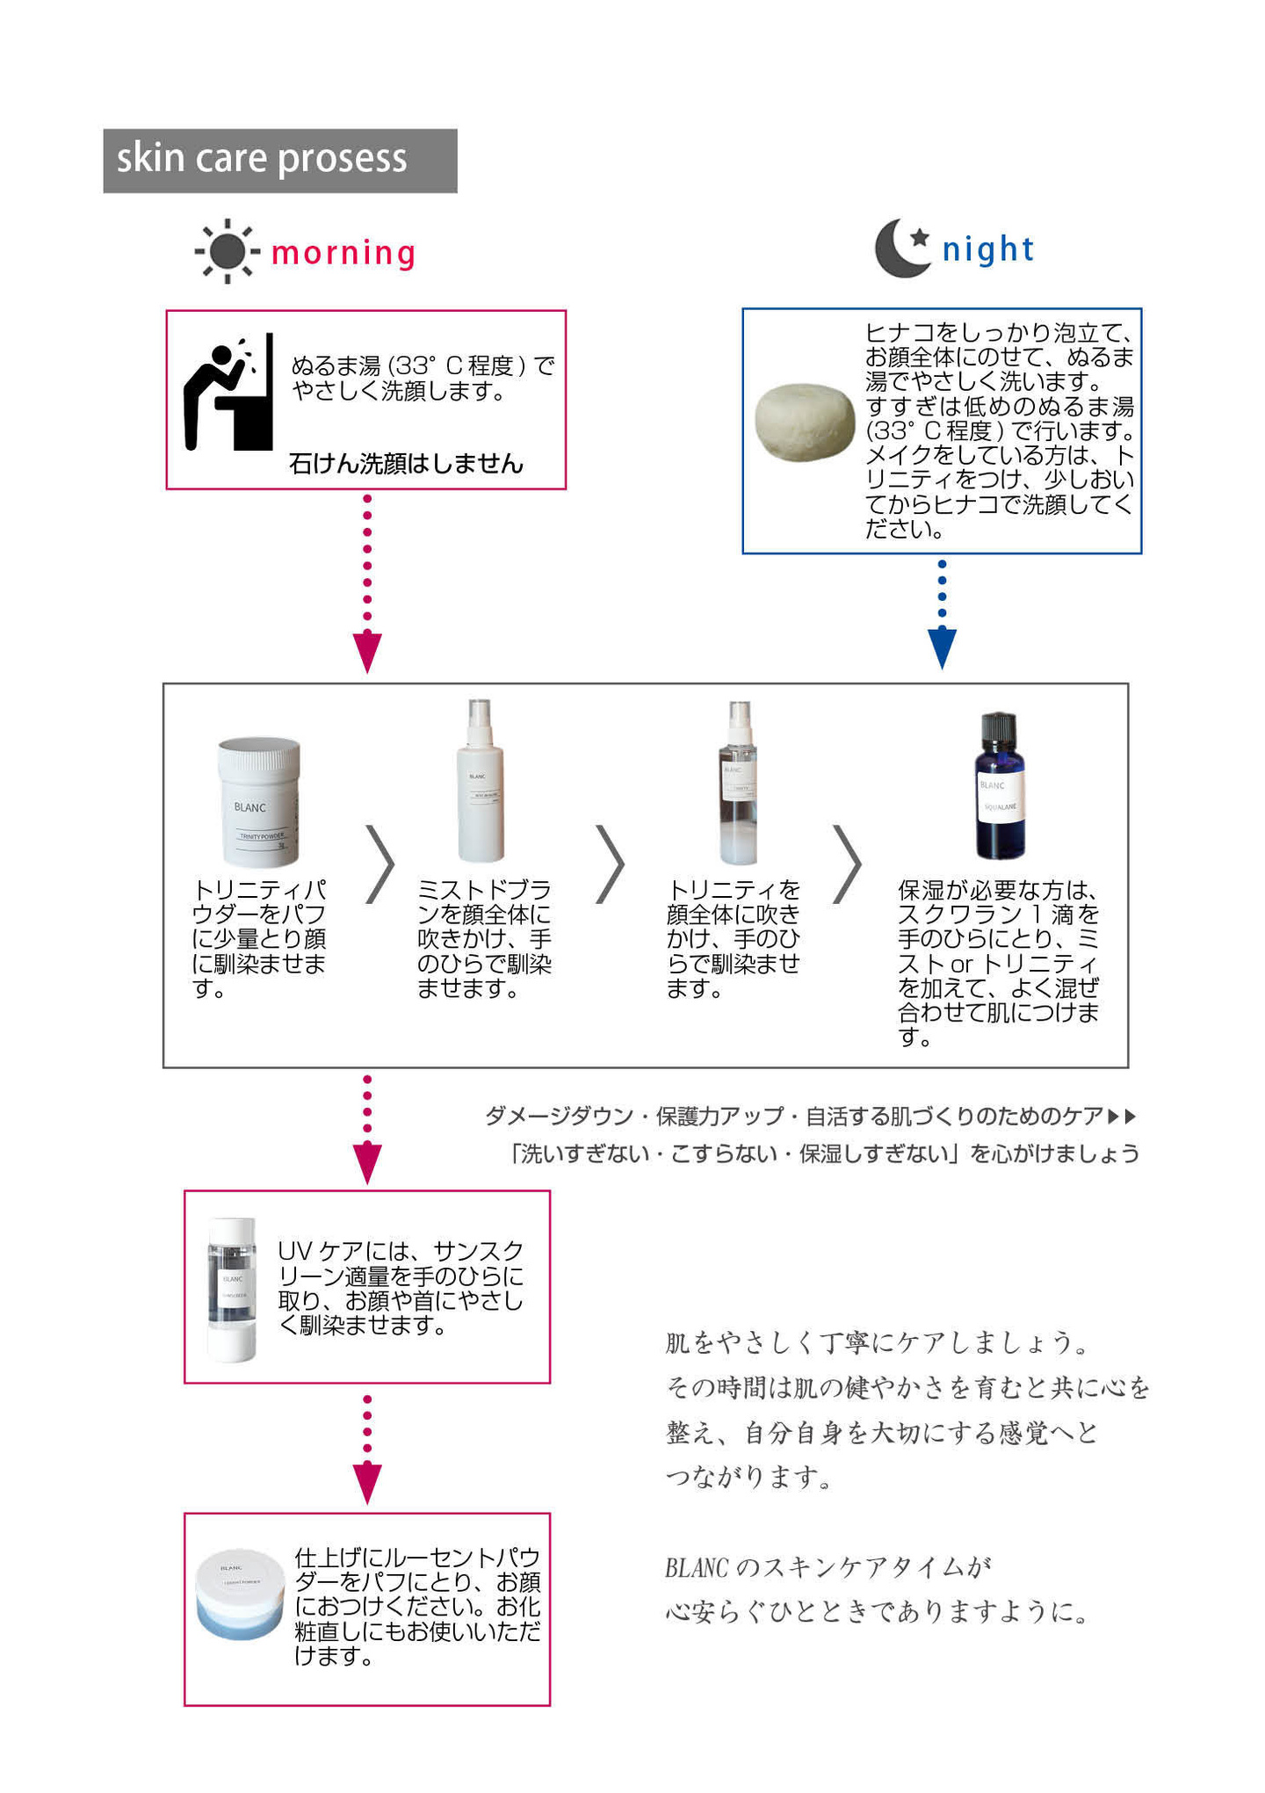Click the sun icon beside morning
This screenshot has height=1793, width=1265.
coord(227,252)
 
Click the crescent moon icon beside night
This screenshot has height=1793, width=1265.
coord(901,249)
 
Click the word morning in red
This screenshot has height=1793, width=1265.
coord(343,253)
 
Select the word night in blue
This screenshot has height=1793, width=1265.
coord(987,249)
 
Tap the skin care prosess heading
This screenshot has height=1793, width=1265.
coord(262,159)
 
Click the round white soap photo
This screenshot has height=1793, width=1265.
coord(804,422)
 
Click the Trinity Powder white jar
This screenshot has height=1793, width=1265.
coord(259,801)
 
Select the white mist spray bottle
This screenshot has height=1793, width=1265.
coord(480,782)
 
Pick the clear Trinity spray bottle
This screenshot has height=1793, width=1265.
coord(739,784)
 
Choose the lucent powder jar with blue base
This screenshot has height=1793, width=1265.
coord(240,1594)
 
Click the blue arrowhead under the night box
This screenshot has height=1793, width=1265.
coord(942,648)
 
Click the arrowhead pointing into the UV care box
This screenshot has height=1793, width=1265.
coord(367,1163)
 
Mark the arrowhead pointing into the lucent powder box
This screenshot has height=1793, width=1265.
coord(367,1484)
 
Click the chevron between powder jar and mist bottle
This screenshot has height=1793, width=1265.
coord(380,864)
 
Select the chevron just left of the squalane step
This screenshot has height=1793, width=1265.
coord(847,864)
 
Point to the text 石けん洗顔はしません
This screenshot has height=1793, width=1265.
coord(406,464)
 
